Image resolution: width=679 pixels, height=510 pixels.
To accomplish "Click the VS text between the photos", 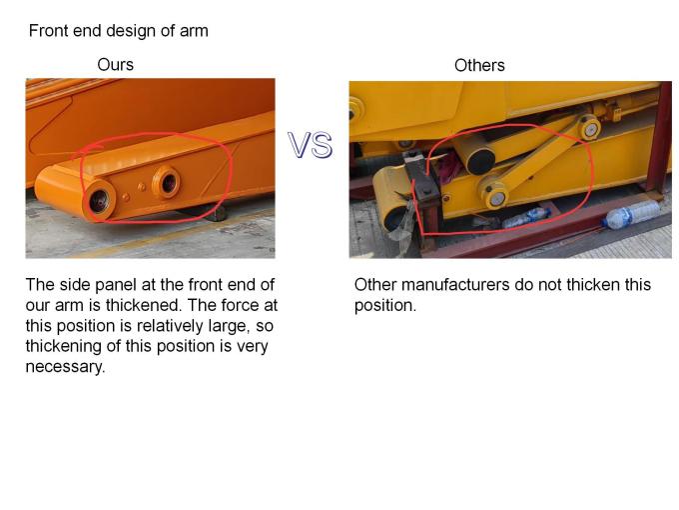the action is click(x=311, y=145).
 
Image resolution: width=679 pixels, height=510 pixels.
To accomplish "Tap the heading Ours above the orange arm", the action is click(x=115, y=65).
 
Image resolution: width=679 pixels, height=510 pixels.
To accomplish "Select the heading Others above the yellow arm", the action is click(x=479, y=65).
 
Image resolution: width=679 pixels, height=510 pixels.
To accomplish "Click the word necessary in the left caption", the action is click(x=64, y=367).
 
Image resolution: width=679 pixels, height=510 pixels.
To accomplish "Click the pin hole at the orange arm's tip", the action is click(x=100, y=201).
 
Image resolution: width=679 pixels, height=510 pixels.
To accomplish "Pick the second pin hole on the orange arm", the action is click(x=167, y=183).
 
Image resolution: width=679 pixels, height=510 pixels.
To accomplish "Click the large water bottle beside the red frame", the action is click(x=631, y=214).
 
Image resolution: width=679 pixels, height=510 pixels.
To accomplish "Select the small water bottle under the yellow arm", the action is click(x=526, y=218).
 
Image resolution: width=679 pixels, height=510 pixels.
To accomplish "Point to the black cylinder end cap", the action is click(x=480, y=159).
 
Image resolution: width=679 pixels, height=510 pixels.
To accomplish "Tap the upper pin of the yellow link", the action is click(x=591, y=128).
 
